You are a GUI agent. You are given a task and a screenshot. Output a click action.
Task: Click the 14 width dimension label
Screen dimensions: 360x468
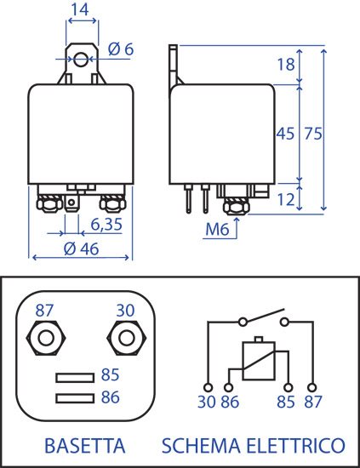coord(80,9)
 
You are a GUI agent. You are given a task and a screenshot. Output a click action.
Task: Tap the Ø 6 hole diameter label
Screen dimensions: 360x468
coord(121,49)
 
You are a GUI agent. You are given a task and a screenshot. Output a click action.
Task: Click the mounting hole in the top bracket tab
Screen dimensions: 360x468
coord(81,59)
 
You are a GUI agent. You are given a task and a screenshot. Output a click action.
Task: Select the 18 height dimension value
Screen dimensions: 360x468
coord(286,64)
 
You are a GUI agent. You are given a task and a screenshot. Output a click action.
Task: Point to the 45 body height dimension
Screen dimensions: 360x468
coord(285,134)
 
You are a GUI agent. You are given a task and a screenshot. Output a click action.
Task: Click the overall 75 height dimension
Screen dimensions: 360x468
coord(313,134)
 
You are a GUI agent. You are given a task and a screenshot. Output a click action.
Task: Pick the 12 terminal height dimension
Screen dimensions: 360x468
coord(286,199)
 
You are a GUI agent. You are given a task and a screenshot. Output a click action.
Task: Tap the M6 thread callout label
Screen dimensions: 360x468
coord(217,230)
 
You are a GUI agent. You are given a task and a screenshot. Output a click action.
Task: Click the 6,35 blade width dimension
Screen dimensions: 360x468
coord(106,224)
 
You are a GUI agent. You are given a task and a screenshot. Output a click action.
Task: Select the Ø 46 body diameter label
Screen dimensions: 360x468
coord(81,248)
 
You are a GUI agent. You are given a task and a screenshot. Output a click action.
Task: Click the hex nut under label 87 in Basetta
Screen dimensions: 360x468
coord(46,338)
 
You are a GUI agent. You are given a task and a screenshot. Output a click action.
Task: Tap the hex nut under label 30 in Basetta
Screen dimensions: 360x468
coord(126,338)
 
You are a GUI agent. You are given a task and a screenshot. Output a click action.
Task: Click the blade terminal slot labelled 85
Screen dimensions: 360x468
coord(75,378)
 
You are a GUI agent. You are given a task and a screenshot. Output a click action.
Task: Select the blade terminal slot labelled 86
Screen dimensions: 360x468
coord(75,398)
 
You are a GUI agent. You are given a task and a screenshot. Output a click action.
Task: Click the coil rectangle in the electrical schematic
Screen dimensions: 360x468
coord(259,361)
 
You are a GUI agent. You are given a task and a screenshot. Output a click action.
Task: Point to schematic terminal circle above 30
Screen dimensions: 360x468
coord(208,388)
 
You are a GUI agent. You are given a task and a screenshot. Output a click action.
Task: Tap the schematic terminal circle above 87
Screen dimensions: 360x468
coord(312,388)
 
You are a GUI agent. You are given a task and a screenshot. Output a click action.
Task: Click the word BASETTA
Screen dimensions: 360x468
coord(85,446)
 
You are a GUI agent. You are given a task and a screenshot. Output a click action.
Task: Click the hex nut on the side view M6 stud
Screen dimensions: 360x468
coord(236,206)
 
